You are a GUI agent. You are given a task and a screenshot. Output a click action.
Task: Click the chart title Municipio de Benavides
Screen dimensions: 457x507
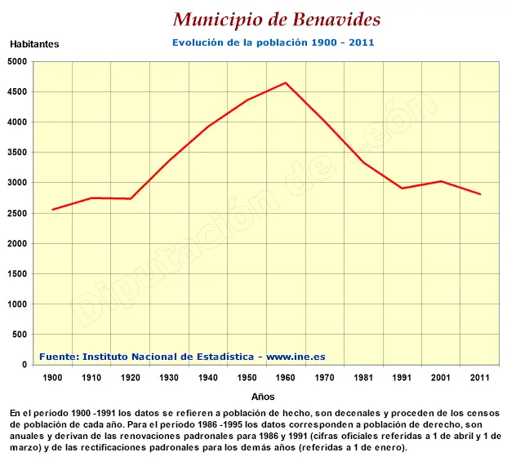277,20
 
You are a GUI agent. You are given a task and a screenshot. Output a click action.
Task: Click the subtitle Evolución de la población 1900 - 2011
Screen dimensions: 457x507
273,42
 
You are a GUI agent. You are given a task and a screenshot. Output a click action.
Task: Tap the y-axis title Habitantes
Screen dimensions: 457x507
34,45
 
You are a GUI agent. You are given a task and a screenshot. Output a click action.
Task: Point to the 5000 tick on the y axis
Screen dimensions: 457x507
16,62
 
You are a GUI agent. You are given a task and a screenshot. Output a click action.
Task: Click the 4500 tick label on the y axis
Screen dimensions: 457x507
16,92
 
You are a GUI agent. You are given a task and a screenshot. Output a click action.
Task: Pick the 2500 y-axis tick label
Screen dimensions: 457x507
16,213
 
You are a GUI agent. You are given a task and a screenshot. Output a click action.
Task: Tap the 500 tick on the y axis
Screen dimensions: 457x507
20,335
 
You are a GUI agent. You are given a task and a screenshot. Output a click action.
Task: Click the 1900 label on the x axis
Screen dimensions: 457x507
52,378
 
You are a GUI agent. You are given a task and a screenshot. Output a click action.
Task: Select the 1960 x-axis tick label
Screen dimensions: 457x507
285,378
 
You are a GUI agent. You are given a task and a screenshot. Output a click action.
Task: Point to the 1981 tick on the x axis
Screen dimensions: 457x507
363,378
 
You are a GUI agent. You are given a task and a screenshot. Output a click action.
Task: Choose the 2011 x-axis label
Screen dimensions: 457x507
479,378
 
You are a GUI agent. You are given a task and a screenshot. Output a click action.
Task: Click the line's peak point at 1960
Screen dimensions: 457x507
285,82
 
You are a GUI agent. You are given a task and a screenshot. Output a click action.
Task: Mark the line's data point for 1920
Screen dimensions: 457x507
130,198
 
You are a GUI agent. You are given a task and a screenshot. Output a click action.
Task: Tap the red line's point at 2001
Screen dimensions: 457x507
441,181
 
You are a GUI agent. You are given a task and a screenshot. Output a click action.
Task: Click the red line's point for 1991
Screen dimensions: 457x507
402,189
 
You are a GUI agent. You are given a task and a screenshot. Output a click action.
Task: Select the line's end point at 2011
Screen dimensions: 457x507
479,194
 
